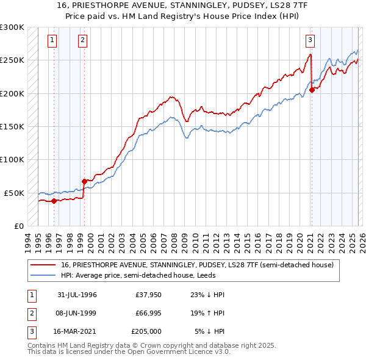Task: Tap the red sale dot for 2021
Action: pos(312,90)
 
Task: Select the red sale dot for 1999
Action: pos(84,181)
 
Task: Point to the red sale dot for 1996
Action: pos(54,200)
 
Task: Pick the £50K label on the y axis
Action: pos(15,193)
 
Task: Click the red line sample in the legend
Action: pos(43,265)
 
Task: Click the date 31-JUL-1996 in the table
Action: pos(77,295)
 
